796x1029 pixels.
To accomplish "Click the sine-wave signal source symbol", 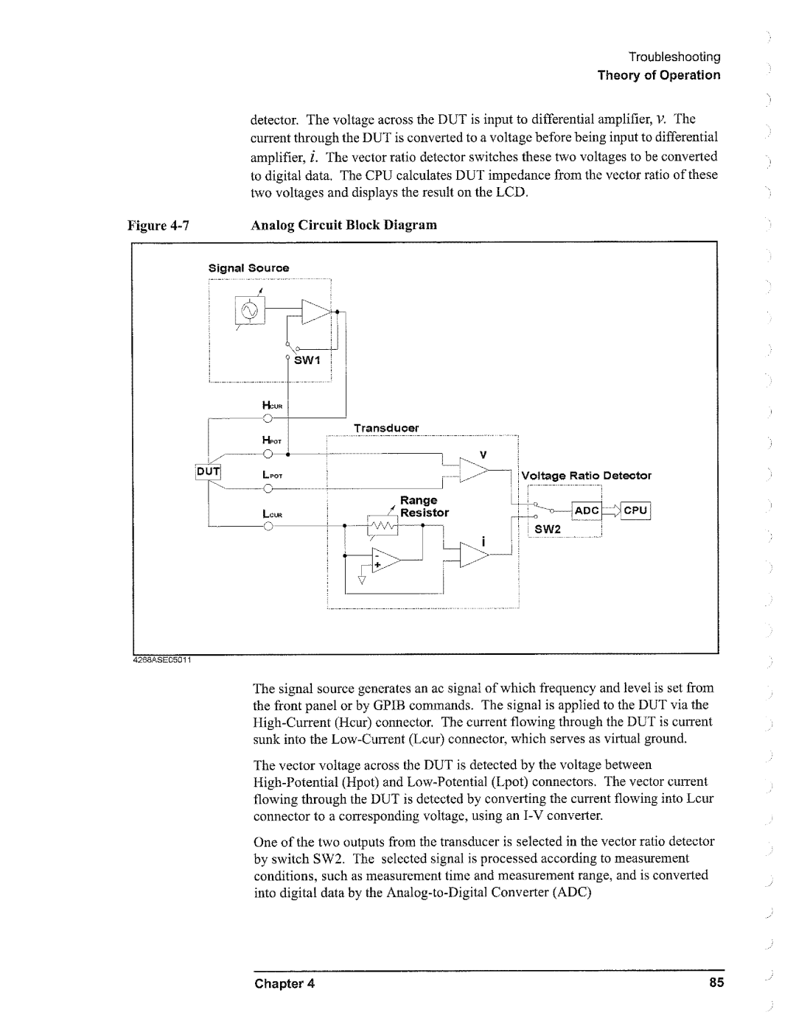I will pyautogui.click(x=251, y=312).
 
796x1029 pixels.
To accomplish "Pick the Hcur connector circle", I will pyautogui.click(x=268, y=419).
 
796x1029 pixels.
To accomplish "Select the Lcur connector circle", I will pyautogui.click(x=268, y=526).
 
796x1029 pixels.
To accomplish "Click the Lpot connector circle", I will pyautogui.click(x=268, y=488).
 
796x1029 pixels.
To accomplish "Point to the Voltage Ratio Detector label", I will pyautogui.click(x=587, y=476).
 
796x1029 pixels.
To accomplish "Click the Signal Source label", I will pyautogui.click(x=248, y=268).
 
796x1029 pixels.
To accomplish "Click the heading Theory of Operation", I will pyautogui.click(x=658, y=75).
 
